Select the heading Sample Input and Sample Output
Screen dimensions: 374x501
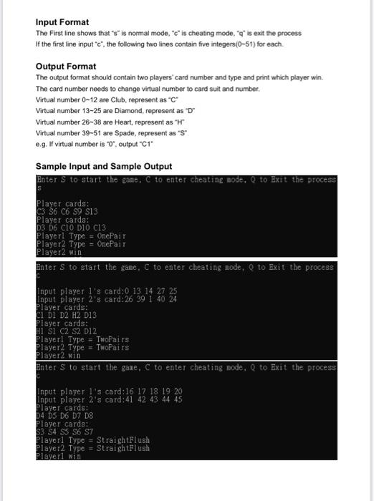[104, 166]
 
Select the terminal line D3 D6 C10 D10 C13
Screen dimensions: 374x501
[72, 228]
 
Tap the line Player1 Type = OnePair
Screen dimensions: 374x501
[82, 235]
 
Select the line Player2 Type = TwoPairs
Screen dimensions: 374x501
[83, 346]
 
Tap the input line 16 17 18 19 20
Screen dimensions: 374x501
[109, 391]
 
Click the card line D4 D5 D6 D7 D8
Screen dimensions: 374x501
[63, 407]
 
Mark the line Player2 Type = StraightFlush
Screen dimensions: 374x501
[93, 447]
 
